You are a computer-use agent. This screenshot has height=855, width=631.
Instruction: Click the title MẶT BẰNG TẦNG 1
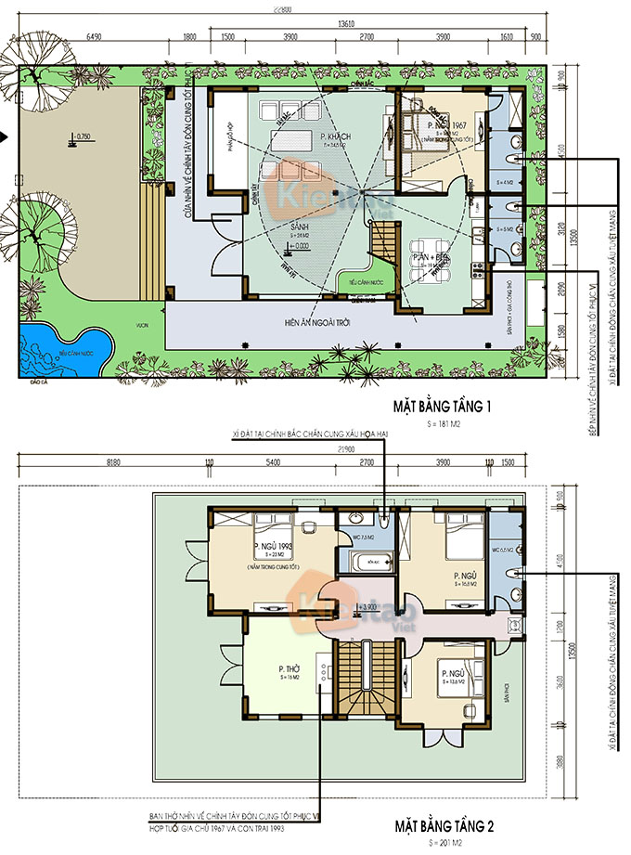pos(443,406)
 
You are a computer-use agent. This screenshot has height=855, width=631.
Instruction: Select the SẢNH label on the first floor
pos(300,227)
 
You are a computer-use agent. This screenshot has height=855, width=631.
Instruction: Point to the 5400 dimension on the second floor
pos(274,460)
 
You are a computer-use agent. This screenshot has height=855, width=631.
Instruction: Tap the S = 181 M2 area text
pos(443,423)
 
